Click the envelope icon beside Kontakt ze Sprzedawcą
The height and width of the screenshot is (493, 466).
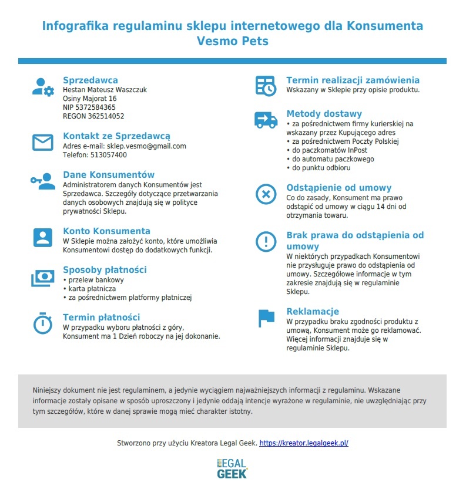click(42, 143)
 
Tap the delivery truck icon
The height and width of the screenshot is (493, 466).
click(266, 120)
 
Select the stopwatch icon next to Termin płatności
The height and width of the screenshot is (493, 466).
click(42, 323)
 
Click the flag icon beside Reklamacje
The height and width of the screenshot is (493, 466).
click(266, 318)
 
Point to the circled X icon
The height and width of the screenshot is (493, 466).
click(266, 194)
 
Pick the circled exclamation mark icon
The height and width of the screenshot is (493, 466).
click(266, 241)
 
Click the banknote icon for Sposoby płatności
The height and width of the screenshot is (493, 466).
click(42, 278)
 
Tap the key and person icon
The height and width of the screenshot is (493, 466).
click(42, 181)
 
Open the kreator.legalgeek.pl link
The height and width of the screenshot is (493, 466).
click(304, 443)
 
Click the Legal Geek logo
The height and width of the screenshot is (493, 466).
click(232, 468)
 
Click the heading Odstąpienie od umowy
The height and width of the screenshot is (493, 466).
click(338, 188)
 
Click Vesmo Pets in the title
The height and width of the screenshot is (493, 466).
click(232, 42)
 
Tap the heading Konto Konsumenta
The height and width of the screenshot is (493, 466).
click(106, 231)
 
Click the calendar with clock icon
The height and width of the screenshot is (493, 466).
click(266, 86)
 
